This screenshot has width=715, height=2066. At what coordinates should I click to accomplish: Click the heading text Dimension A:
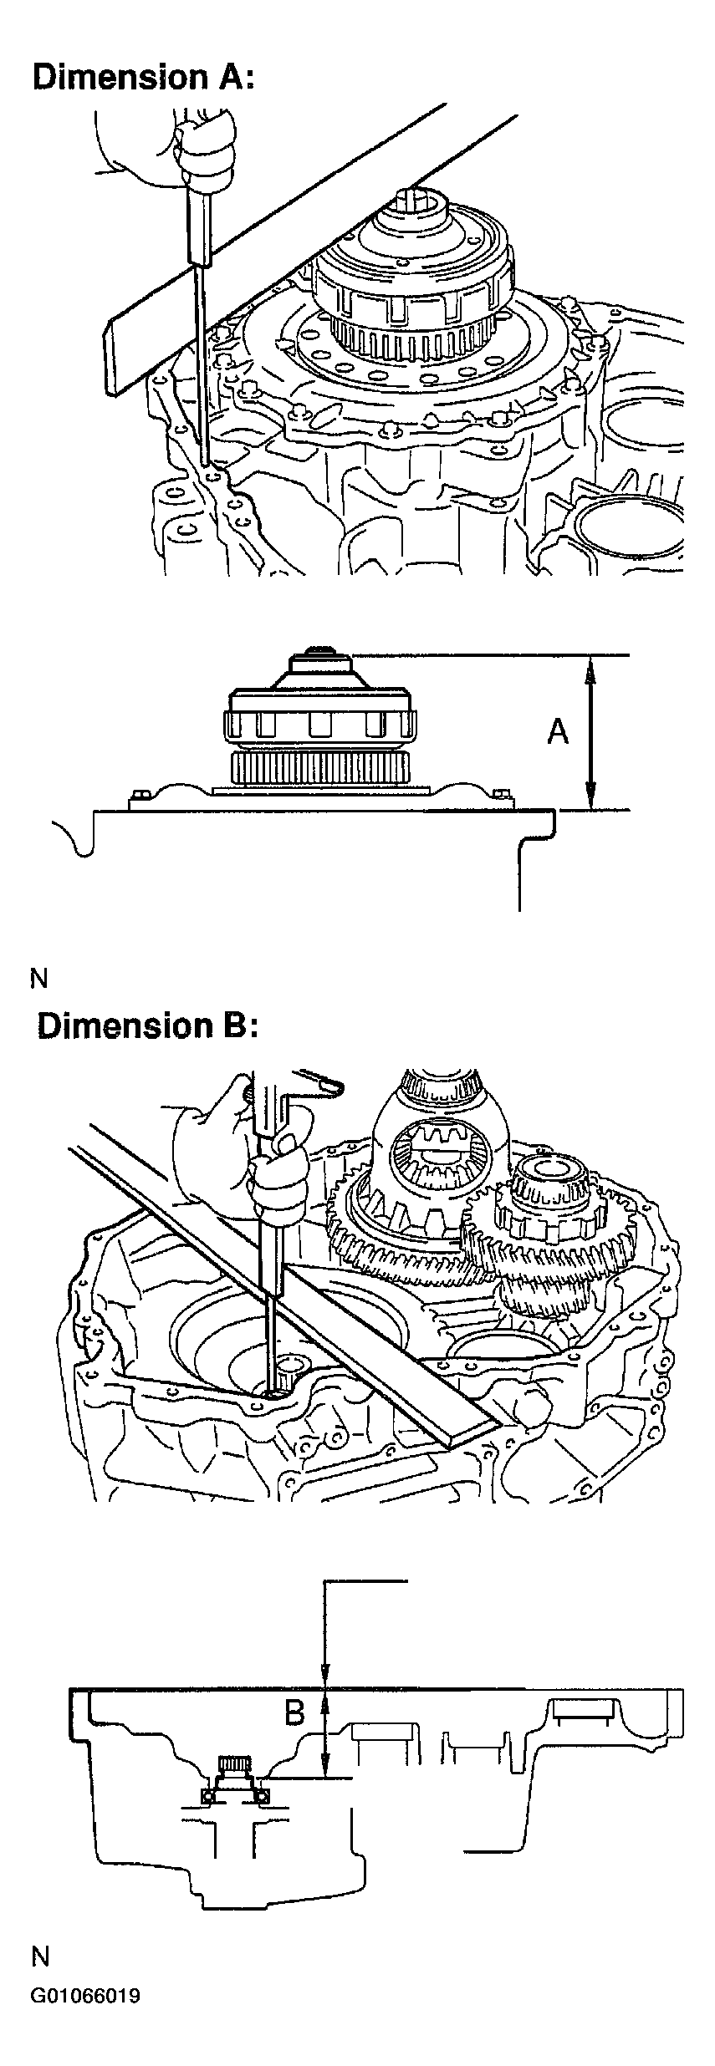click(141, 77)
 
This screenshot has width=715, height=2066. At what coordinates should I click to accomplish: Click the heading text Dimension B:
click(147, 1025)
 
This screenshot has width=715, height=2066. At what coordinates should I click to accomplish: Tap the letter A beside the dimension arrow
click(558, 731)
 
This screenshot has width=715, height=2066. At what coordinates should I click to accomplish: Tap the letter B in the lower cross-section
click(294, 1712)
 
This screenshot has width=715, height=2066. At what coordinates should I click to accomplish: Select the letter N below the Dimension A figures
click(38, 977)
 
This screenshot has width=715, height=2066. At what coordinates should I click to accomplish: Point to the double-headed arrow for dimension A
click(590, 732)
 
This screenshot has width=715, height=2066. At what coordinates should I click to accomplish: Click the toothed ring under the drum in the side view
click(319, 767)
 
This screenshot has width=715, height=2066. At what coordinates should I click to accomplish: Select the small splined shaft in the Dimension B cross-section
click(233, 1764)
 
